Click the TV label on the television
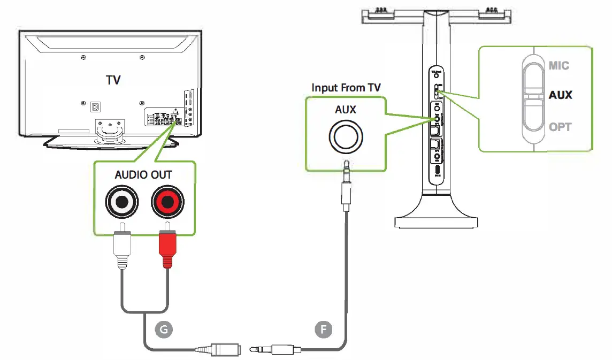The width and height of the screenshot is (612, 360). (113, 80)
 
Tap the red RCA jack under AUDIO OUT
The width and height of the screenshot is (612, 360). (167, 202)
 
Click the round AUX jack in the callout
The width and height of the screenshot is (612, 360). (345, 137)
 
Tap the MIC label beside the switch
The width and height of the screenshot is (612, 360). (559, 66)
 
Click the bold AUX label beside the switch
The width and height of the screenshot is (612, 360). (560, 95)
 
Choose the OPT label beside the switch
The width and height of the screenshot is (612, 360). (560, 127)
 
